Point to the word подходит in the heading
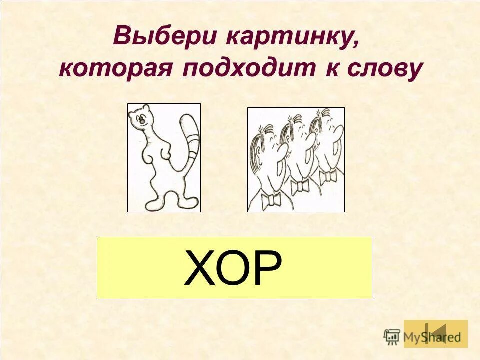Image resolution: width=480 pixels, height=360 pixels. tap(244, 69)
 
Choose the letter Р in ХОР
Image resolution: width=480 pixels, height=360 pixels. tap(267, 268)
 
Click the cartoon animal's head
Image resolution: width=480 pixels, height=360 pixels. tap(140, 118)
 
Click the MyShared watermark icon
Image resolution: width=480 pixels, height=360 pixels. tap(393, 336)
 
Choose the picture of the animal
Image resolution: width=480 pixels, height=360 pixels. tap(164, 157)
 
